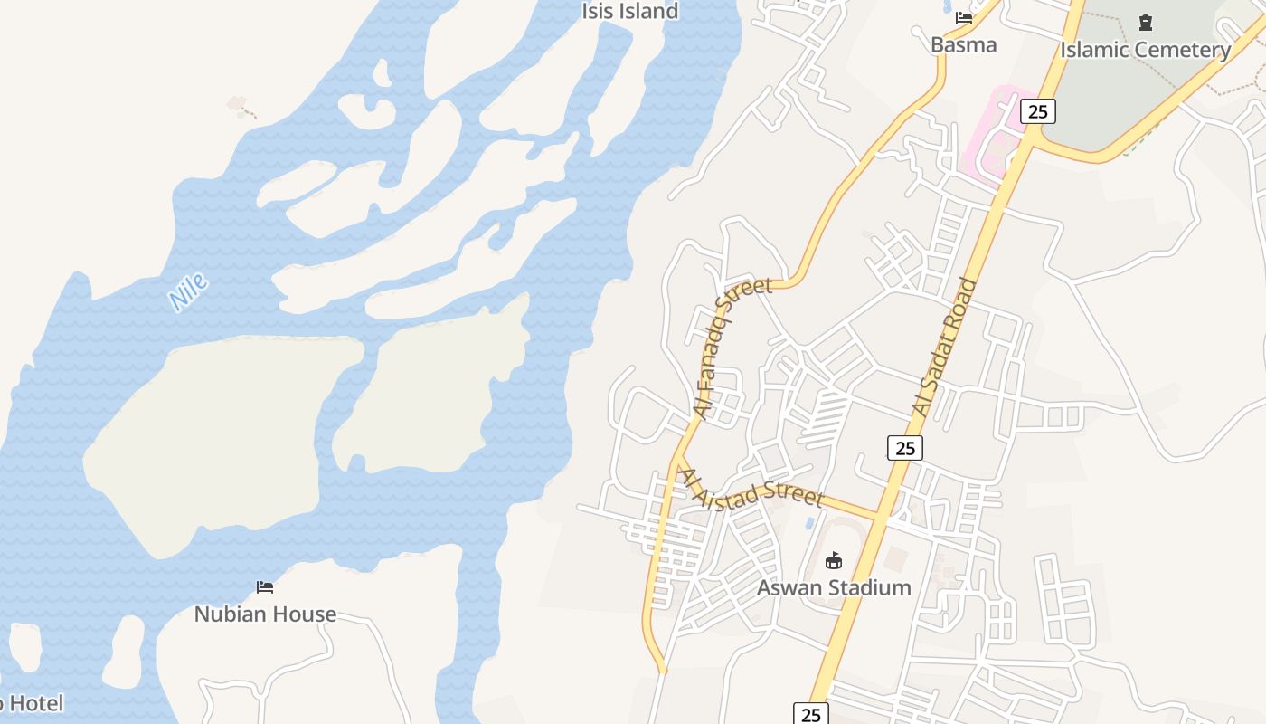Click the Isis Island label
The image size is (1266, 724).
(x=629, y=12)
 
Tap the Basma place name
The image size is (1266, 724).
(x=963, y=44)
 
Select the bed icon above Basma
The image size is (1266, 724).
(x=964, y=18)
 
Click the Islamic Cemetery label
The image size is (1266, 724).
(x=1145, y=50)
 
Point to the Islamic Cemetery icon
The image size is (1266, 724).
(x=1146, y=22)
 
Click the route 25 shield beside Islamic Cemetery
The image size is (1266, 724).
(x=1037, y=111)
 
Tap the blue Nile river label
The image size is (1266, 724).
(x=189, y=291)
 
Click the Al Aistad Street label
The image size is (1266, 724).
(x=751, y=488)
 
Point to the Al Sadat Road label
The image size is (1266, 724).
(x=945, y=348)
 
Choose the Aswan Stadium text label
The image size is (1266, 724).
(x=834, y=587)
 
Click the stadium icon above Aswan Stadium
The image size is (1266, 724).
(x=834, y=561)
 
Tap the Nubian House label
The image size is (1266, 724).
(x=265, y=614)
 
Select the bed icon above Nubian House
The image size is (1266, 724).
(x=265, y=587)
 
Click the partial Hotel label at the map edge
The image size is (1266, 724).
(x=32, y=703)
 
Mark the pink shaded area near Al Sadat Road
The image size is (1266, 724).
(x=995, y=136)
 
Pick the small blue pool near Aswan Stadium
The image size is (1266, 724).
(x=808, y=524)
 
